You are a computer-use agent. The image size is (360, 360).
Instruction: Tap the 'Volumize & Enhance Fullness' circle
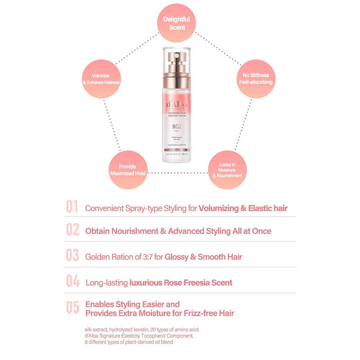[101, 78]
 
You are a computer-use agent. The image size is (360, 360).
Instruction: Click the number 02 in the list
[72, 231]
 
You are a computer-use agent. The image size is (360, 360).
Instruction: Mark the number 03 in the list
[72, 256]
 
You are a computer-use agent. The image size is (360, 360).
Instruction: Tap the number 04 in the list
[72, 282]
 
